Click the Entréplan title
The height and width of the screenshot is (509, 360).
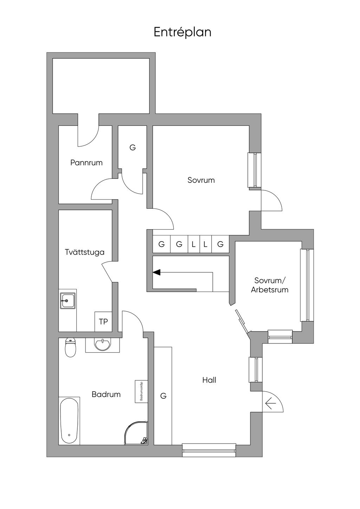pos(182,32)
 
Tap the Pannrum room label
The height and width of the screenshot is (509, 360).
pos(86,163)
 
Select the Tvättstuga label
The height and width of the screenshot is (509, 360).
pos(85,252)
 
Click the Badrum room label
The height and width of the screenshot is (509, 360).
pos(106,394)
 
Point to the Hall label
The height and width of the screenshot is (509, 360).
pos(209,380)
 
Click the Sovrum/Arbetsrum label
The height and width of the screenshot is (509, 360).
pos(270,285)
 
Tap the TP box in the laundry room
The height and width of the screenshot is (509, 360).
pos(103,322)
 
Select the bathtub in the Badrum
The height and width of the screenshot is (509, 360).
pos(69,421)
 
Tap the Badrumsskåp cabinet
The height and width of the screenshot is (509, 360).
pos(141,391)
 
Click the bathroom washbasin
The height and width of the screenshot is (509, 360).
pos(102,344)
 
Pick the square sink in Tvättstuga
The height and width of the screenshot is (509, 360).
pos(67,301)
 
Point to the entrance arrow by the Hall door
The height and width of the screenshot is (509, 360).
pos(270,402)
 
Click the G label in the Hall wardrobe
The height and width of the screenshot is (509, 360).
pos(163,396)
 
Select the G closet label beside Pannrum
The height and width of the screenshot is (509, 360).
pos(133,148)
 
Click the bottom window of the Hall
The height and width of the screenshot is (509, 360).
pos(209,450)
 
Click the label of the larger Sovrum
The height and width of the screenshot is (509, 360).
pos(201,180)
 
